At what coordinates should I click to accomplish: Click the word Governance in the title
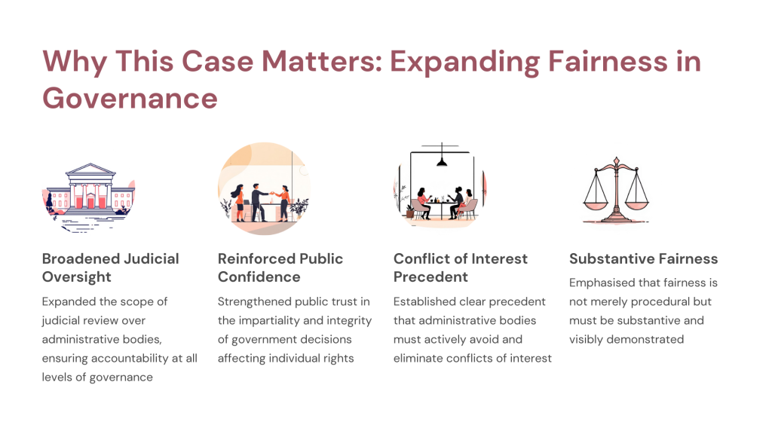(130, 99)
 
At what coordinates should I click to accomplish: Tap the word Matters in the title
(322, 62)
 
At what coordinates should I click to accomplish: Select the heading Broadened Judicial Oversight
(110, 267)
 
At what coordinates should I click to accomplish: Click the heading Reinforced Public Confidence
(280, 267)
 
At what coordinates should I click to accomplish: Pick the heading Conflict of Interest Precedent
(461, 267)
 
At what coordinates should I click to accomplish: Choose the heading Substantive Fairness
(644, 259)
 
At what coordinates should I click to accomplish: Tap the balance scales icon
(616, 191)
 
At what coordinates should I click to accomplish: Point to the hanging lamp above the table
(442, 160)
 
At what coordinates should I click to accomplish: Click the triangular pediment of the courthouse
(90, 170)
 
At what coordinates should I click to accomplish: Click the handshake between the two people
(271, 193)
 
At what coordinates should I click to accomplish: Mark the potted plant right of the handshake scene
(299, 209)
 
